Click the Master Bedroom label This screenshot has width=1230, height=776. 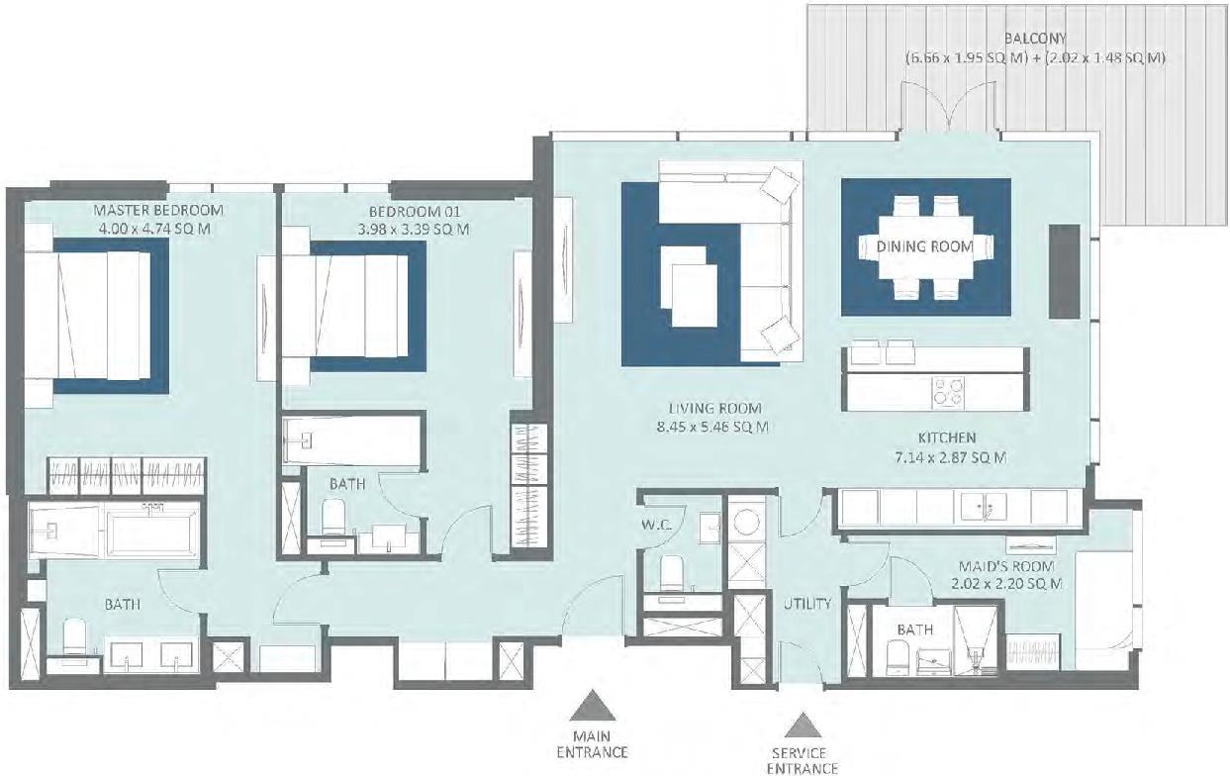point(158,211)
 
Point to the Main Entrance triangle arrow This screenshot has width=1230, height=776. point(592,705)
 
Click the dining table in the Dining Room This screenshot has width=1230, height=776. point(925,247)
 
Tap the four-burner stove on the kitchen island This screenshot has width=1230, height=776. point(948,392)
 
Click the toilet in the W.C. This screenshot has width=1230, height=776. point(671,573)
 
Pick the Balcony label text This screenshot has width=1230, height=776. point(1035,39)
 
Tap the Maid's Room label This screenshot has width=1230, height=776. point(1006,566)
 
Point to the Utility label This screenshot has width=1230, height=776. point(807,604)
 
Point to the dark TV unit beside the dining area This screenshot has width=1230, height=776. point(1064,271)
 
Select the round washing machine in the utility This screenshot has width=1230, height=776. point(746,522)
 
